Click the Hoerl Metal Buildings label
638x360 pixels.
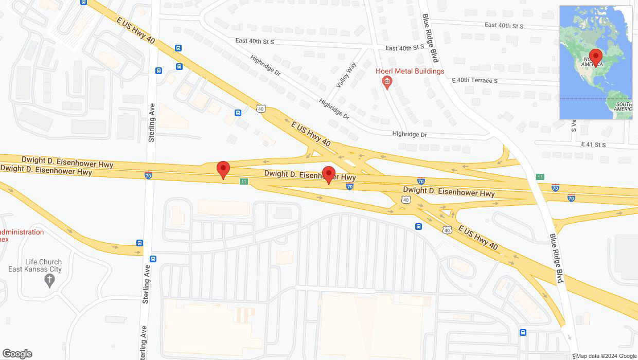[410, 71]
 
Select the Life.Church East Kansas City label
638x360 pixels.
[35, 265]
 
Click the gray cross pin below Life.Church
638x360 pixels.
[49, 280]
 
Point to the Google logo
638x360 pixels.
[17, 353]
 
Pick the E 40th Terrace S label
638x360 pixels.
[474, 81]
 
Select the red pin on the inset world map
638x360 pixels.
[596, 57]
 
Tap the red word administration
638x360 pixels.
[22, 232]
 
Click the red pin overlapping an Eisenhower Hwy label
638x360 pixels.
[328, 174]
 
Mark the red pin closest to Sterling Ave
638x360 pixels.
[223, 169]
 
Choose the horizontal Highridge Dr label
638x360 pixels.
[410, 135]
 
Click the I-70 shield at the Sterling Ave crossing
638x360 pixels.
[148, 175]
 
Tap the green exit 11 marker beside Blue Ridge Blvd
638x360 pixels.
[540, 176]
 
